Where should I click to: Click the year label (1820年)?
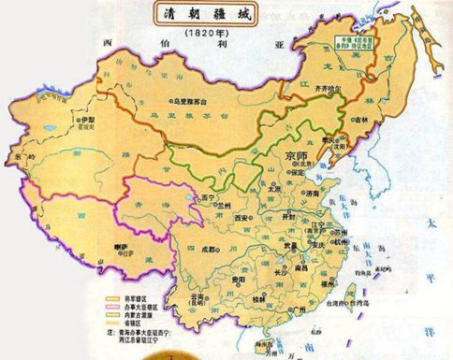[x=209, y=35]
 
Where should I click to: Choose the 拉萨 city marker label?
[x=120, y=247]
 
